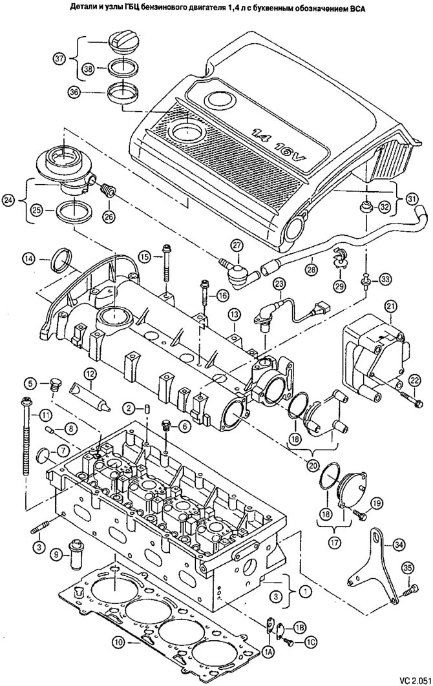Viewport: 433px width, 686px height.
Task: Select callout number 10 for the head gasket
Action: point(118,643)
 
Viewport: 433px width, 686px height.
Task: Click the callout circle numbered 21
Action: point(391,306)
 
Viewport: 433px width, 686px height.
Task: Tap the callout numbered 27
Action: point(237,246)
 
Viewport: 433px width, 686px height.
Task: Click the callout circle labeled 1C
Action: point(310,642)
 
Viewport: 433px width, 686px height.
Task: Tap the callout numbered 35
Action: point(408,568)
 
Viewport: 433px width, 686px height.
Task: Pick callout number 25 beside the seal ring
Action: point(37,211)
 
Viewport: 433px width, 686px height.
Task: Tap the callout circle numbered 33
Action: point(385,278)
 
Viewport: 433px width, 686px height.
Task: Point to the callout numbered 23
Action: point(280,284)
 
